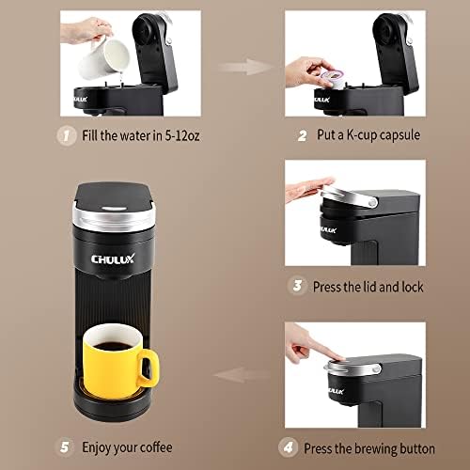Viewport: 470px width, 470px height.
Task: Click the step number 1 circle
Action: pyautogui.click(x=66, y=135)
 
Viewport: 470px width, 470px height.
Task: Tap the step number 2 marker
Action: pyautogui.click(x=302, y=135)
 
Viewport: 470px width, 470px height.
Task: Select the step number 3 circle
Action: pyautogui.click(x=297, y=286)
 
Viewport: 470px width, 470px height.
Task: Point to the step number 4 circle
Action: pyautogui.click(x=288, y=447)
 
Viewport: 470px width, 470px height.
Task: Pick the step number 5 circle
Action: pyautogui.click(x=64, y=447)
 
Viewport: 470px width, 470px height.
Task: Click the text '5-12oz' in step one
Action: pyautogui.click(x=182, y=135)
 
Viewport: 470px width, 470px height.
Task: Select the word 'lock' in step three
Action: pyautogui.click(x=413, y=287)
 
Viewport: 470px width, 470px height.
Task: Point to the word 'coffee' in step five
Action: pyautogui.click(x=156, y=447)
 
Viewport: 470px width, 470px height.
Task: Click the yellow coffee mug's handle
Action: pyautogui.click(x=149, y=368)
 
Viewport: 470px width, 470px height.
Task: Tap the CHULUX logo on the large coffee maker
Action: pyautogui.click(x=113, y=258)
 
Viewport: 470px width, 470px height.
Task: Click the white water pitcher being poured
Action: pyautogui.click(x=103, y=58)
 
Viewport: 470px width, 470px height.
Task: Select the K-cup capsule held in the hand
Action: pyautogui.click(x=332, y=78)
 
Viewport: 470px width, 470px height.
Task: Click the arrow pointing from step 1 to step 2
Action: pyautogui.click(x=246, y=67)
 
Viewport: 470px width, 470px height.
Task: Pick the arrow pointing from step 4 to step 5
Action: pyautogui.click(x=242, y=375)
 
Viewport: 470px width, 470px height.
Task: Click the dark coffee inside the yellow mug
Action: pyautogui.click(x=113, y=346)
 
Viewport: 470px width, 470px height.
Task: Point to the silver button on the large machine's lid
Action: pyautogui.click(x=114, y=209)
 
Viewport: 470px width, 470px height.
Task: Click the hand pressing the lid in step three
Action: pyautogui.click(x=308, y=189)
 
